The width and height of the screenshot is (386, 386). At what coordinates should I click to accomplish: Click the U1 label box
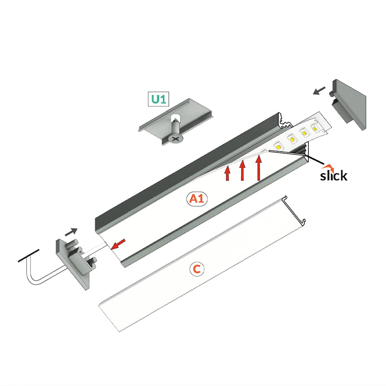[158, 99]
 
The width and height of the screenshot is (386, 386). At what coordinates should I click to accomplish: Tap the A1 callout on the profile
[197, 199]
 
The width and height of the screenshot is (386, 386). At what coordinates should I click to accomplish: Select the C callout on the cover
[197, 269]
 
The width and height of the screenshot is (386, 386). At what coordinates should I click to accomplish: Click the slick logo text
[334, 176]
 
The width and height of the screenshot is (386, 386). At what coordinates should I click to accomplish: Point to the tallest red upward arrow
[259, 168]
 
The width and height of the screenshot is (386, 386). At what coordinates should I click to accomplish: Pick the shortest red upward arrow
[227, 173]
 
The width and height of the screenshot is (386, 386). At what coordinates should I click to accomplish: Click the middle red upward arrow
[242, 170]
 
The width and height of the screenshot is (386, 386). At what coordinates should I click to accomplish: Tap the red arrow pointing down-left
[118, 244]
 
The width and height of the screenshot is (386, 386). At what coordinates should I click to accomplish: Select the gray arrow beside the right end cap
[319, 90]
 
